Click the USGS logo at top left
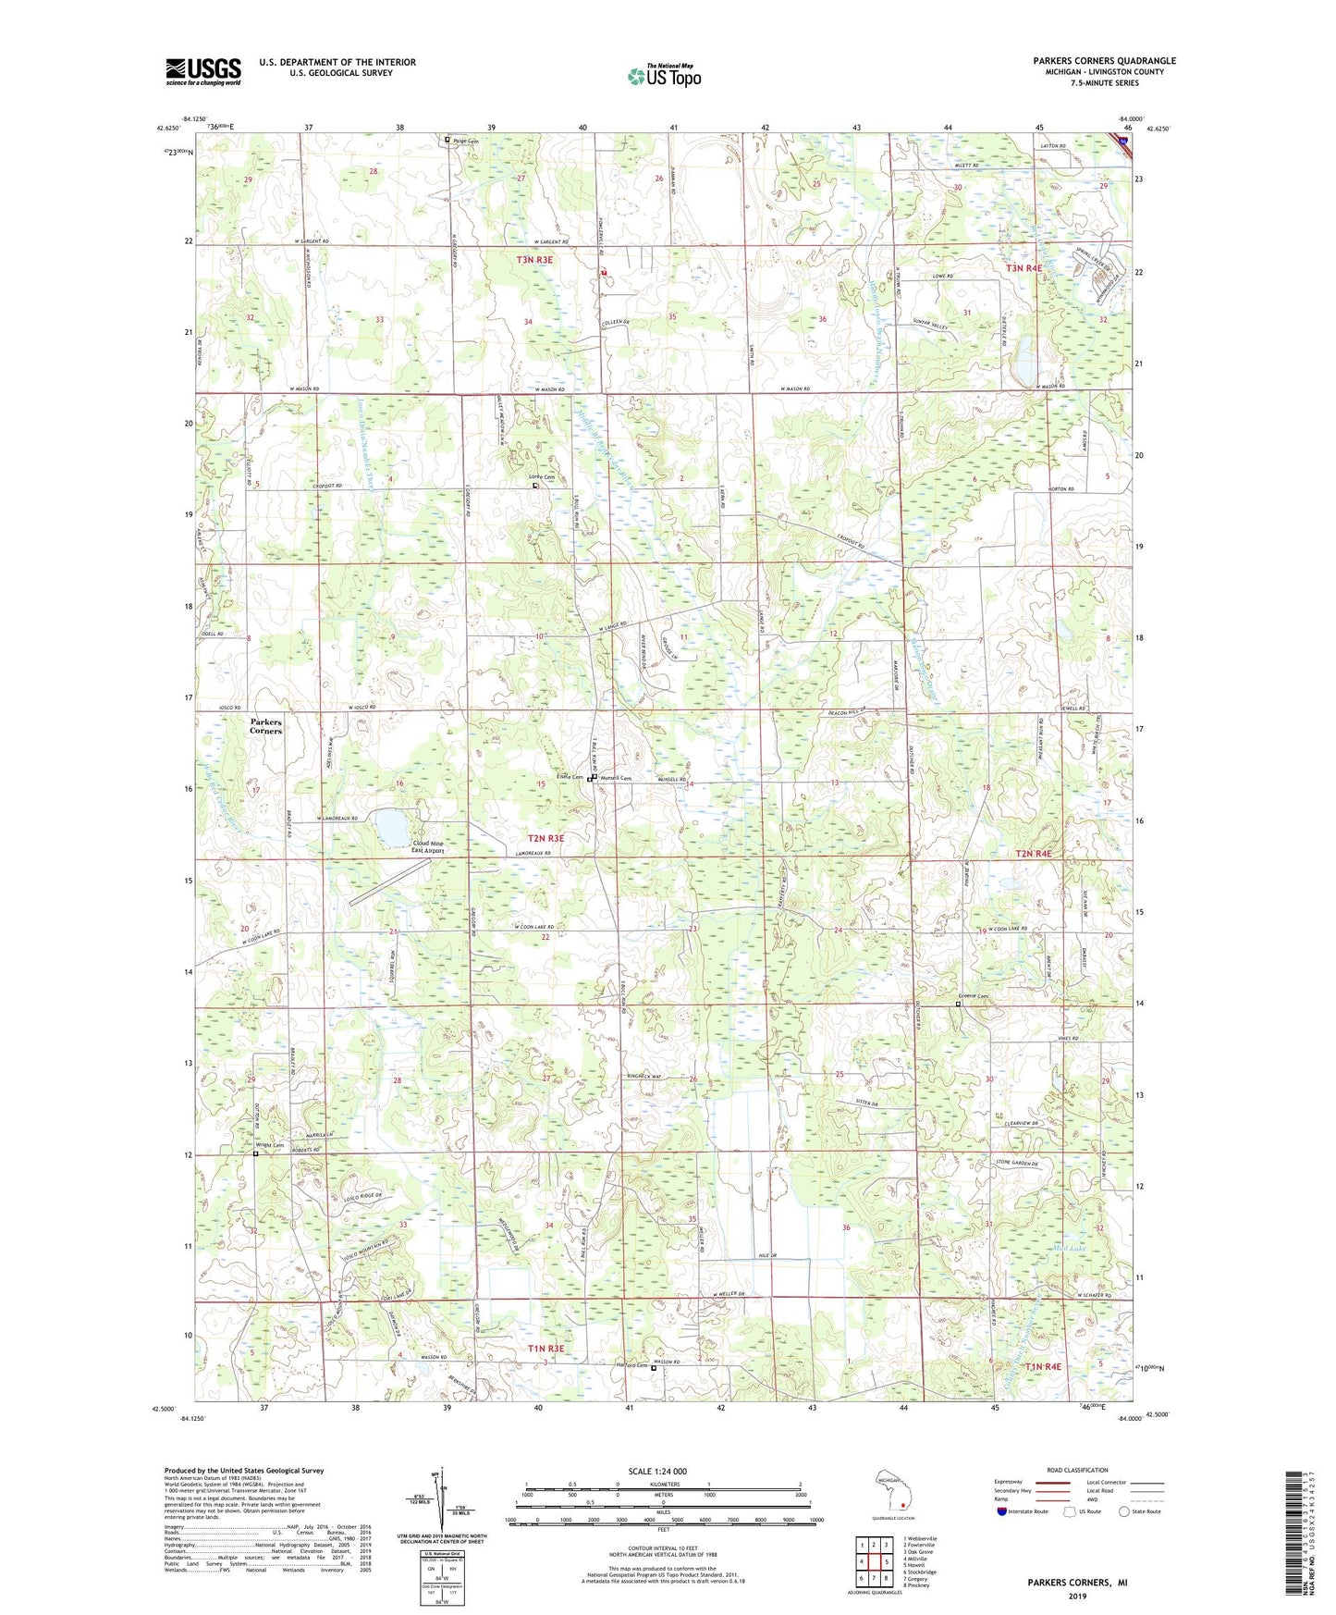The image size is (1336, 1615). click(202, 70)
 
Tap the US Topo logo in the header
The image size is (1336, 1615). click(664, 76)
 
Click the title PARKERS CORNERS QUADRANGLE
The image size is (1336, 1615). click(1104, 61)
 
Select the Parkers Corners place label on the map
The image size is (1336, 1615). click(265, 726)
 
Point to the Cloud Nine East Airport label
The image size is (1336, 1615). click(427, 846)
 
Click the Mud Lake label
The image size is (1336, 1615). click(1071, 1248)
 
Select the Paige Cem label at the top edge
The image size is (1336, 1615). click(467, 141)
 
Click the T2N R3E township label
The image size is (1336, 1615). click(545, 838)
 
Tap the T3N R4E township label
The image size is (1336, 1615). click(1023, 268)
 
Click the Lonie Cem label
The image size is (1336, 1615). click(542, 477)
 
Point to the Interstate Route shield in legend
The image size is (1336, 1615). click(1003, 1511)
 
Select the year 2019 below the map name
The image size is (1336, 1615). click(1077, 1596)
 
